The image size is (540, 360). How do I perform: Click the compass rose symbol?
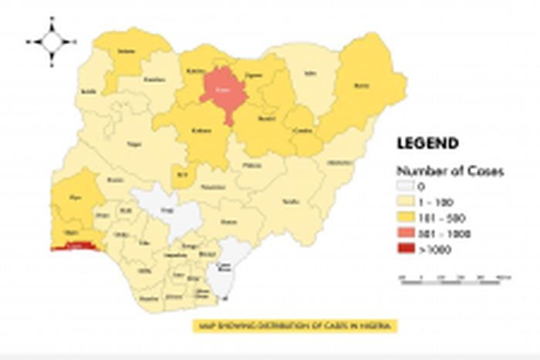click(51, 41)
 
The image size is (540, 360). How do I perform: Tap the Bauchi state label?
click(265, 120)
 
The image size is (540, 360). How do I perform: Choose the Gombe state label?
click(302, 132)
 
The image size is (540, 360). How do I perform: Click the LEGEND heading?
click(427, 143)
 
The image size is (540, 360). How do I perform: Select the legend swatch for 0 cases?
click(407, 186)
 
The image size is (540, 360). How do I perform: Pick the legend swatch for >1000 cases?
click(407, 249)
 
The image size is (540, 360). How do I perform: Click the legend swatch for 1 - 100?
click(407, 201)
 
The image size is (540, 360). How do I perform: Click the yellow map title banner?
click(295, 327)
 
